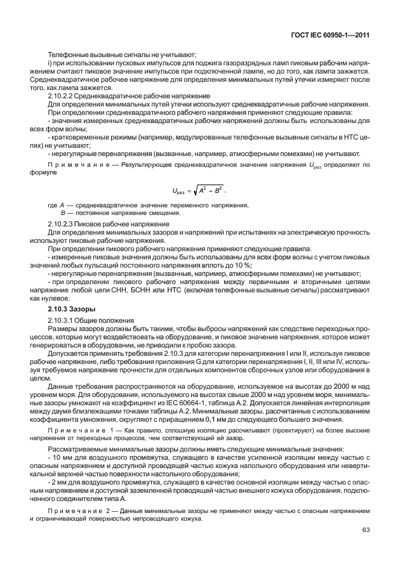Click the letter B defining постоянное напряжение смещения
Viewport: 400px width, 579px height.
tap(63, 214)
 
